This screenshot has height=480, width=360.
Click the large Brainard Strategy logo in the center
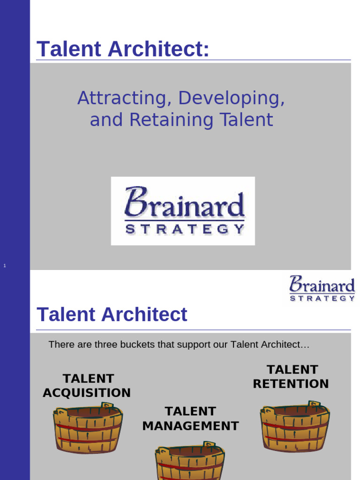183,210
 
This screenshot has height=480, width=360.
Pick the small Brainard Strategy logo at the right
322,288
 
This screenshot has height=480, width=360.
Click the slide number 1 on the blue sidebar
5,266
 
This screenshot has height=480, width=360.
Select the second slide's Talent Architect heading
112,315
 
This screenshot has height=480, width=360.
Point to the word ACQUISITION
87,393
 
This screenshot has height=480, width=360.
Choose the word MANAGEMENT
190,426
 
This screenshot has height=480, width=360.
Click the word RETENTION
291,384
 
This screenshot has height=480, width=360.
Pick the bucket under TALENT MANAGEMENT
190,462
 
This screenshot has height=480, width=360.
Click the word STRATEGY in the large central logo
184,230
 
